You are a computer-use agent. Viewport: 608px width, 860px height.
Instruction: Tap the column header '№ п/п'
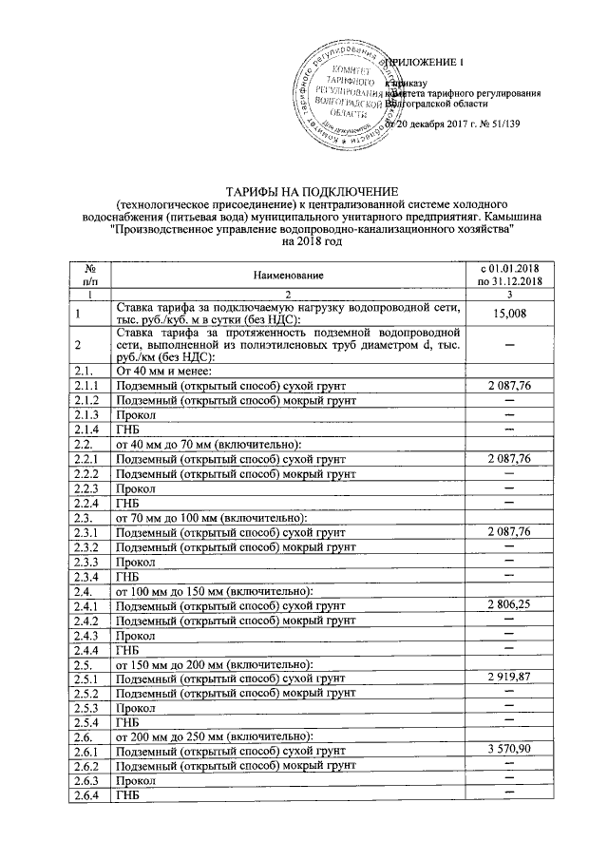[x=91, y=275]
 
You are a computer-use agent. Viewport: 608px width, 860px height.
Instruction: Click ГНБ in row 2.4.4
[x=127, y=649]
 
